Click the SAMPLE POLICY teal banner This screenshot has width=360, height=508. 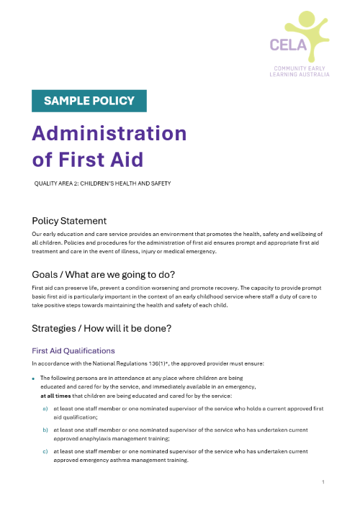(89, 101)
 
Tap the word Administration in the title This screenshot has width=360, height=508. (109, 133)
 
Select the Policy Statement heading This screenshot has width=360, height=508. (69, 221)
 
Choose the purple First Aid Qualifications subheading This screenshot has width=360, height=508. (73, 350)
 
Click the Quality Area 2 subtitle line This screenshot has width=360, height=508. (102, 183)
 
